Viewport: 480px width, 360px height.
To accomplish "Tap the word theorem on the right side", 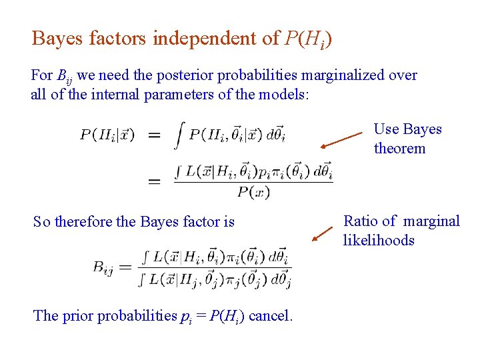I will pos(399,148).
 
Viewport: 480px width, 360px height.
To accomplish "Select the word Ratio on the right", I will pos(361,221).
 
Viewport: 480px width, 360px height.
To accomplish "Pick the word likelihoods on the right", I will pos(379,240).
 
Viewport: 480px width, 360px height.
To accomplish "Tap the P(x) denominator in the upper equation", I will pos(253,193).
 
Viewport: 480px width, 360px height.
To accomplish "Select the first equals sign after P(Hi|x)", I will pos(153,135).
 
